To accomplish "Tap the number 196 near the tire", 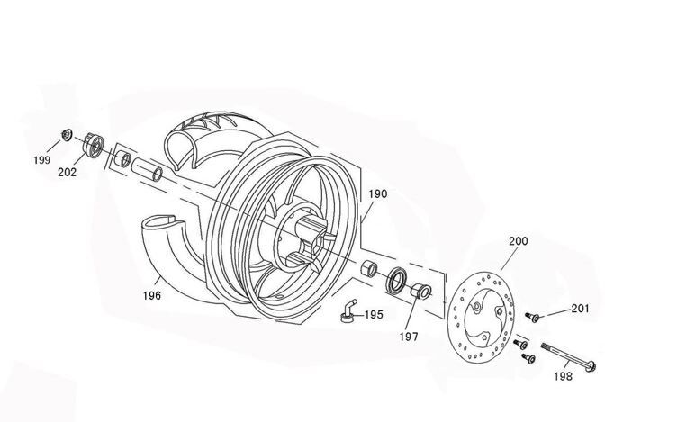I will coord(151,293).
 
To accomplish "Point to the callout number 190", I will coord(378,194).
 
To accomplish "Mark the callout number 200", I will coord(518,241).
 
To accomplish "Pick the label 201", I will coord(579,309).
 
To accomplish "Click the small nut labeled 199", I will coord(66,135).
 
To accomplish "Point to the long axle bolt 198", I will coord(569,357).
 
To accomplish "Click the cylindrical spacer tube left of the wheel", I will coord(147,168).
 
